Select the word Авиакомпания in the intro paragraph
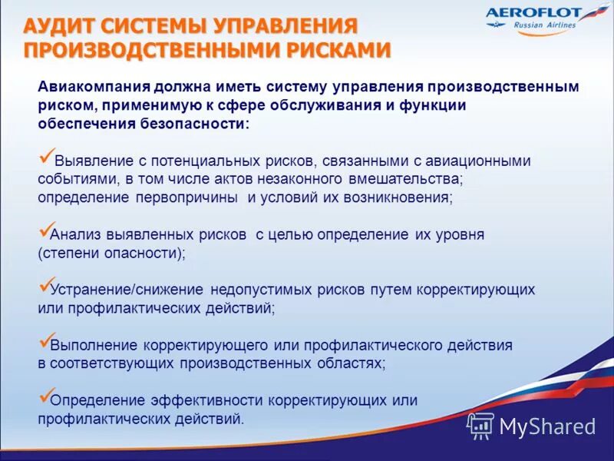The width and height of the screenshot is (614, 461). [x=89, y=88]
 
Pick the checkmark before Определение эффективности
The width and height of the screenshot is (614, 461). [x=45, y=397]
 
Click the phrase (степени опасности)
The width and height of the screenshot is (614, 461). [x=111, y=253]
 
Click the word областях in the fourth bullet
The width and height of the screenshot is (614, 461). [x=355, y=363]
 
